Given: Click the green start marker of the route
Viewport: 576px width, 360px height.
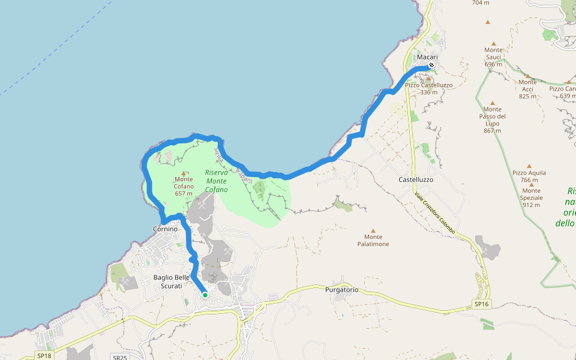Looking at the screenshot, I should coord(205,295).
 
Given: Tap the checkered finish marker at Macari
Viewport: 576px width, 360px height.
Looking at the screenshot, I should coord(431,65).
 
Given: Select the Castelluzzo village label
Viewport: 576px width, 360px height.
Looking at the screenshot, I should coord(416,179).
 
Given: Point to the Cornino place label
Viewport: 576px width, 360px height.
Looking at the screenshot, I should coord(166,229).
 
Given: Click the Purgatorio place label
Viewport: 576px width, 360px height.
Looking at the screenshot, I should coord(341,290).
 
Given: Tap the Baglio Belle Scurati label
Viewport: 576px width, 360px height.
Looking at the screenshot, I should coord(172,281).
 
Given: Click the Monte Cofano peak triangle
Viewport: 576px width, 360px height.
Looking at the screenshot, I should coord(184,173).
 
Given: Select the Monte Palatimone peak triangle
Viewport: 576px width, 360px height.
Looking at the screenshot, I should coord(373,230).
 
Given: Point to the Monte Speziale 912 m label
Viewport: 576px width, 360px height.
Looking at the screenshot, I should coord(531,197).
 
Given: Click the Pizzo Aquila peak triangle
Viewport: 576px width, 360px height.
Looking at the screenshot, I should coord(529,166).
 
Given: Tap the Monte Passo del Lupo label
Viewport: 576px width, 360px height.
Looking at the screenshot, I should coord(492,119).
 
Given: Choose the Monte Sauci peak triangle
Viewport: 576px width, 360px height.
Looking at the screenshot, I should coord(493,43).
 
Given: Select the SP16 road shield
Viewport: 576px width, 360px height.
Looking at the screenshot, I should coord(482,304).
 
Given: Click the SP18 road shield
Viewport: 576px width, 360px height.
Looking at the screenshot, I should coord(43,356).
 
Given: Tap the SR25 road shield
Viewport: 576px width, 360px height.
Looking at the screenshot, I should coord(120,358).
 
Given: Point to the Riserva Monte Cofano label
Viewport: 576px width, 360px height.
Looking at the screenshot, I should coord(216,181).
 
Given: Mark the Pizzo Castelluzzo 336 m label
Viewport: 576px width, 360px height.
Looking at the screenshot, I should coord(428,89).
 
